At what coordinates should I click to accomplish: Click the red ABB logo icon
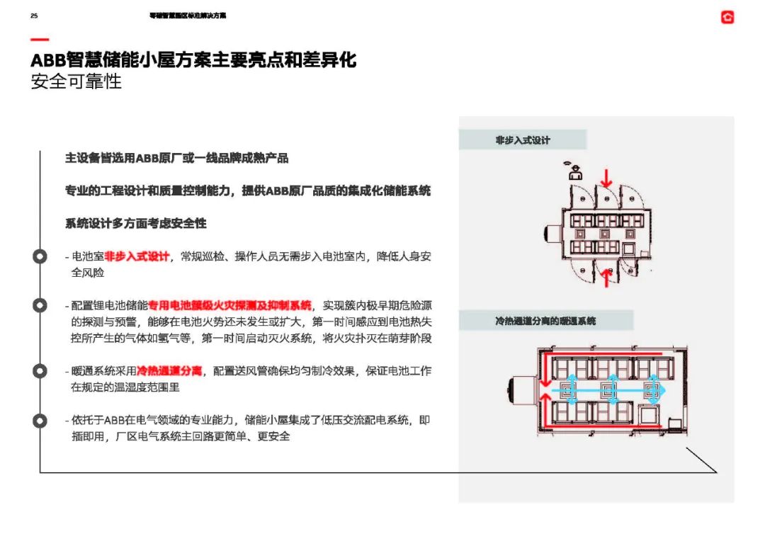pyautogui.click(x=727, y=17)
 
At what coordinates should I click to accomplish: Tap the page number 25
pyautogui.click(x=34, y=16)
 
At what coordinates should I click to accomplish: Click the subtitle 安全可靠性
pyautogui.click(x=76, y=81)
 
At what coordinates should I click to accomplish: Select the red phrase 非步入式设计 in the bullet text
pyautogui.click(x=137, y=256)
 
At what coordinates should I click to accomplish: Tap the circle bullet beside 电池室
pyautogui.click(x=40, y=256)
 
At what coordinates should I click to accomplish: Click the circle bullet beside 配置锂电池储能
pyautogui.click(x=40, y=305)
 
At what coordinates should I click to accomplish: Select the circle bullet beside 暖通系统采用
pyautogui.click(x=40, y=370)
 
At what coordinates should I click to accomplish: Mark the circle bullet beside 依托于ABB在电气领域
pyautogui.click(x=40, y=421)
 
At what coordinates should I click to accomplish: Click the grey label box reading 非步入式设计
pyautogui.click(x=523, y=140)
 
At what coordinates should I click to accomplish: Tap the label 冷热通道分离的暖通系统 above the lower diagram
pyautogui.click(x=545, y=321)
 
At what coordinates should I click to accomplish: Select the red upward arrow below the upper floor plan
pyautogui.click(x=606, y=278)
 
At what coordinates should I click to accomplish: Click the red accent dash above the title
pyautogui.click(x=40, y=40)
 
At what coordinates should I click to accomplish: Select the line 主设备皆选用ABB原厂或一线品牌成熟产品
pyautogui.click(x=176, y=158)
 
